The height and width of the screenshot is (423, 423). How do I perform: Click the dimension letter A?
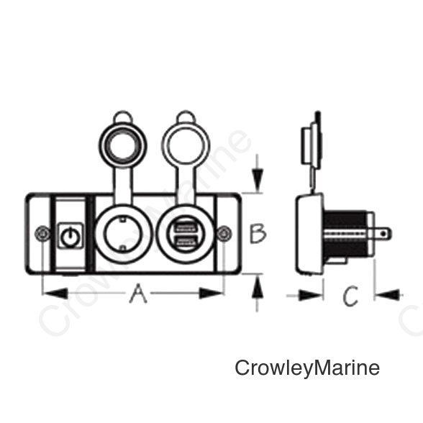138,294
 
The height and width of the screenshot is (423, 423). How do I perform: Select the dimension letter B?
258,234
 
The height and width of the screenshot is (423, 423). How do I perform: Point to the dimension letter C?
350,296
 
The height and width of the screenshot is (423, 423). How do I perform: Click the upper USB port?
186,227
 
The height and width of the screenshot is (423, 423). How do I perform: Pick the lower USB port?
186,242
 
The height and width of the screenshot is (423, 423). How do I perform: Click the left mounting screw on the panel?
42,234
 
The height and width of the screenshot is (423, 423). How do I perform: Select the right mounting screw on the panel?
224,234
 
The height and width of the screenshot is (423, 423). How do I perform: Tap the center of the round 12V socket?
123,234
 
